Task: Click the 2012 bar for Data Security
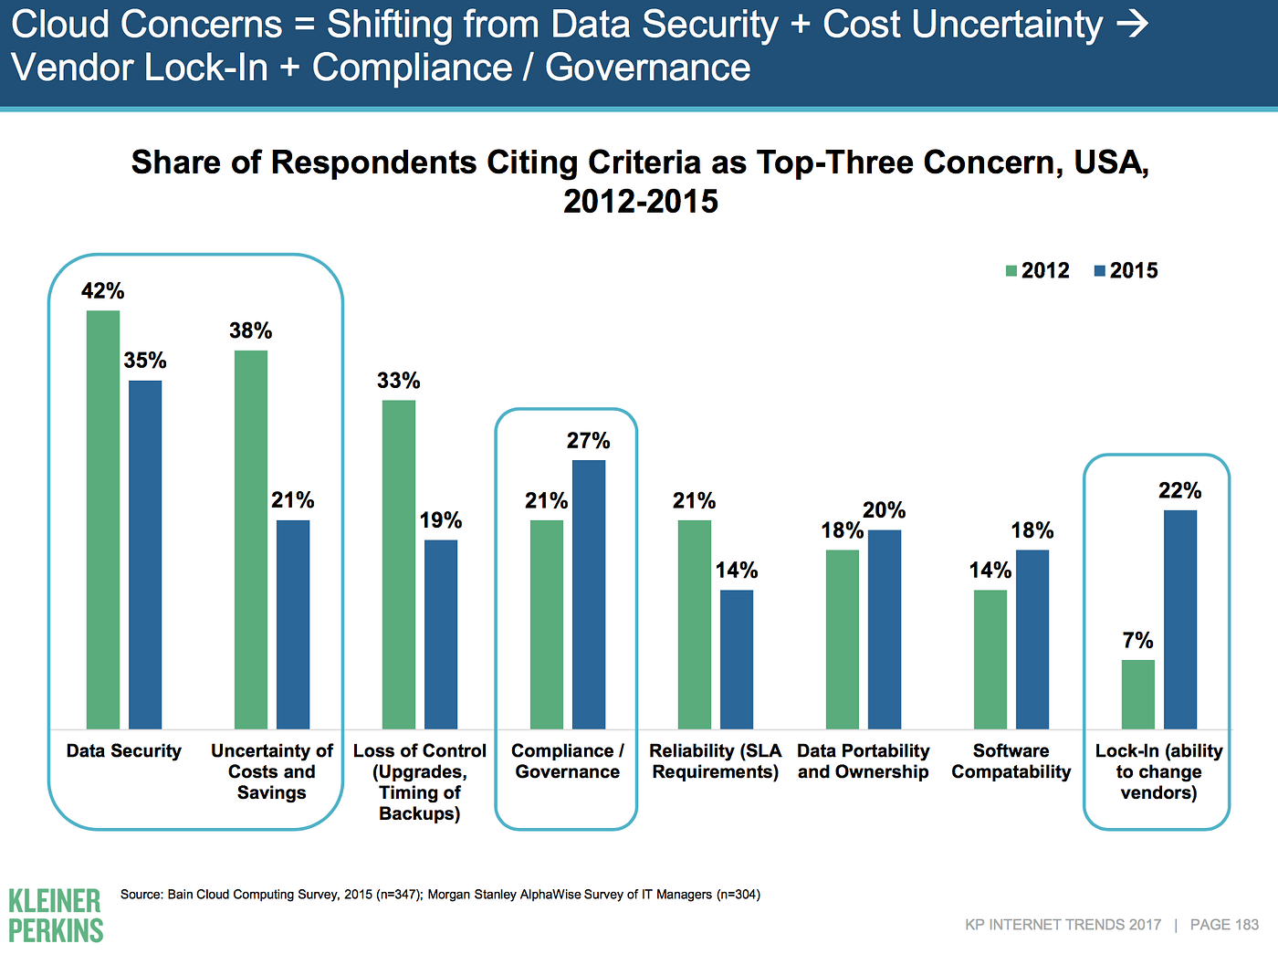103,519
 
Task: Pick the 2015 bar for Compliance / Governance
589,594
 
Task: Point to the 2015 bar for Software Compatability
1032,639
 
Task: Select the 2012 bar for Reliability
695,624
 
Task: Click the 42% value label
102,291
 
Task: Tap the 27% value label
588,441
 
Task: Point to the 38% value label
250,330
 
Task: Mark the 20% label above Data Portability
884,510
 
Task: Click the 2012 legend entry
1037,270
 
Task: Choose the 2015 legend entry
1126,270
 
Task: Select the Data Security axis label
124,751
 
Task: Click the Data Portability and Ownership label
864,761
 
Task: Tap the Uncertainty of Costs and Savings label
272,771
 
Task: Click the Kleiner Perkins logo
56,916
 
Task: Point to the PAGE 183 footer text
1224,925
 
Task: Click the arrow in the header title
1133,25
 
